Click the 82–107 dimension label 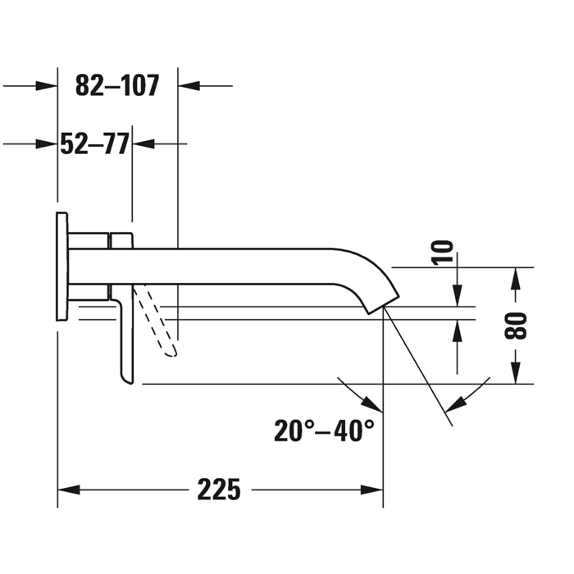tap(117, 85)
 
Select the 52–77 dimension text tap(94, 143)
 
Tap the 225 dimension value tap(219, 490)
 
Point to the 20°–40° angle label tap(324, 430)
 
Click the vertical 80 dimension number tap(515, 326)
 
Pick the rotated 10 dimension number tap(442, 253)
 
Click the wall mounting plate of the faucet tap(61, 266)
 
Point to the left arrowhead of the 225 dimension tap(69, 490)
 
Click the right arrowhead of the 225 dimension tap(372, 490)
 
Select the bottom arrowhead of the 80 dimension tap(515, 372)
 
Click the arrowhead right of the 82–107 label tap(189, 85)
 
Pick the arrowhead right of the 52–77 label tap(143, 143)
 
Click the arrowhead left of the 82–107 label tap(46, 85)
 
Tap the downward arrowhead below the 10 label tap(457, 295)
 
